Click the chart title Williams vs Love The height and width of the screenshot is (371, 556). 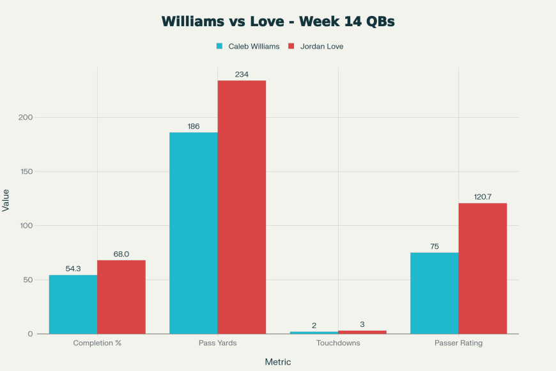pos(278,21)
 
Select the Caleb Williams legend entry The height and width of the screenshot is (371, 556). pos(248,46)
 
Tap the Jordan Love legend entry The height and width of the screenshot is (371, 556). pos(316,46)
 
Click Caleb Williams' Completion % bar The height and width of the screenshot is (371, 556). pos(73,304)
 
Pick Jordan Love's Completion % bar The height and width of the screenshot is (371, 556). pos(121,297)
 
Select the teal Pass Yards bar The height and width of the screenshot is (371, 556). pos(194,233)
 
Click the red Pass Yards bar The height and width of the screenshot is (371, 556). pos(242,207)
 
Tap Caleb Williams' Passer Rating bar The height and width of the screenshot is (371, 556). pos(435,293)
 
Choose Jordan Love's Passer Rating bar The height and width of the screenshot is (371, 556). pos(483,269)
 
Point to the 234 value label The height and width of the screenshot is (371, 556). pos(242,74)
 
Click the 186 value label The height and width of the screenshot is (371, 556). pos(194,126)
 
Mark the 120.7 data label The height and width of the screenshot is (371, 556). pos(483,197)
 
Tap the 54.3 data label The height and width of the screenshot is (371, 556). pos(73,269)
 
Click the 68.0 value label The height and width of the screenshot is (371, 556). pos(121,254)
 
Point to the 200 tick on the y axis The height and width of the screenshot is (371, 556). pos(26,118)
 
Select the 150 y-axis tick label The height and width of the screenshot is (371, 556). pos(26,171)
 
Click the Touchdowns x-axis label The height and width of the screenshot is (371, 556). pos(338,343)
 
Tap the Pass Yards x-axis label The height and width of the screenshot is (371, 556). pos(218,343)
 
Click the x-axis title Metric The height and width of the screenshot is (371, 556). pos(278,362)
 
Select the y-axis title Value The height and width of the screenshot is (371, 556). pos(6,200)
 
